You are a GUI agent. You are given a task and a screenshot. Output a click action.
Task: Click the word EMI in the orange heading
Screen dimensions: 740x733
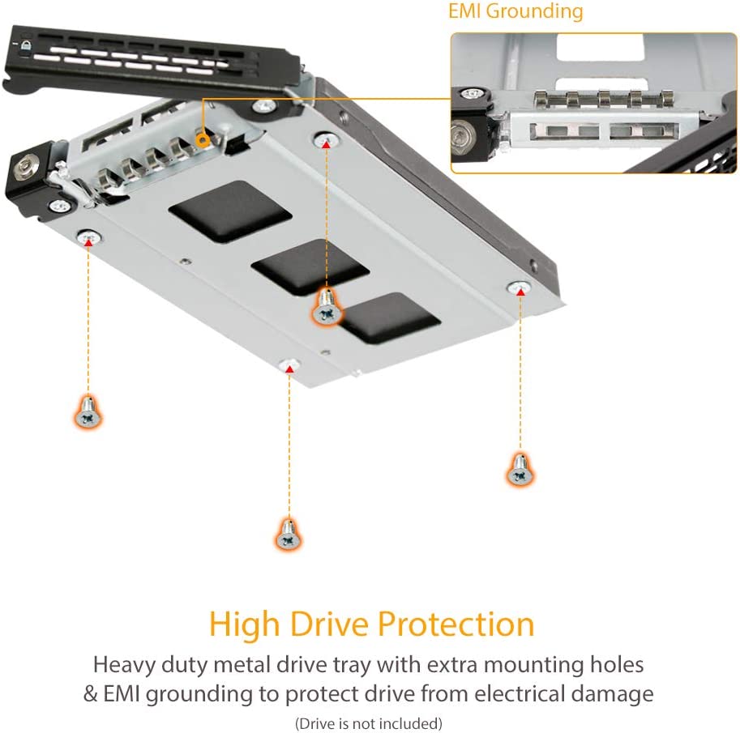465,11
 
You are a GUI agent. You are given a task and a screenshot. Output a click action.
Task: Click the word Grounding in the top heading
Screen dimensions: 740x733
535,12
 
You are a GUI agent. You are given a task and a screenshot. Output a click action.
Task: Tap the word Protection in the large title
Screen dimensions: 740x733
456,624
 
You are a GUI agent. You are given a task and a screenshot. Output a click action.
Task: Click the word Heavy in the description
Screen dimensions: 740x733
124,666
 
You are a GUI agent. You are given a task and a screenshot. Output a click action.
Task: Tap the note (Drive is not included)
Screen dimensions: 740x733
369,723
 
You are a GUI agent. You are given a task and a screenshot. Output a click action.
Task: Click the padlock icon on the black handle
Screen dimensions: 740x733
26,45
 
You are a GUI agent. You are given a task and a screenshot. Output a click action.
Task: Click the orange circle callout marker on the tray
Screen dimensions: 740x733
203,140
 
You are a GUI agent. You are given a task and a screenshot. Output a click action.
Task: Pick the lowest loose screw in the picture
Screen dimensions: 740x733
289,535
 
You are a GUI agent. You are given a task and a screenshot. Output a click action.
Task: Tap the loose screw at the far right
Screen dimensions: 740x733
520,470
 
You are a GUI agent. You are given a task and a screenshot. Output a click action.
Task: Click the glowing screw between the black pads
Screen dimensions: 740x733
327,307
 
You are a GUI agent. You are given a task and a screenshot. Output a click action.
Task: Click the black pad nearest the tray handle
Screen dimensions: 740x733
230,211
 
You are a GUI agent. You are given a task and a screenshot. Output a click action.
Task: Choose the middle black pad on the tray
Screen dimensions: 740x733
310,267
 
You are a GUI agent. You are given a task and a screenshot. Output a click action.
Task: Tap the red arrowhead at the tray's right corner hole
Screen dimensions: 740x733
520,292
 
